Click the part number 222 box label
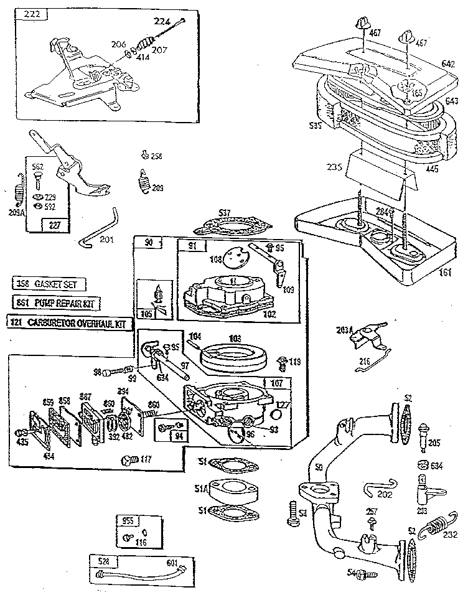[x=30, y=15]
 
